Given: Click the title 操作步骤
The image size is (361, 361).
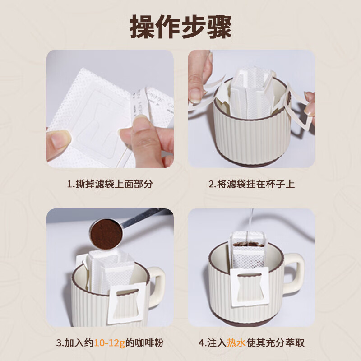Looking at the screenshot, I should point(180,26).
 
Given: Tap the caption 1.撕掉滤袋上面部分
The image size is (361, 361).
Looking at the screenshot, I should point(110,184).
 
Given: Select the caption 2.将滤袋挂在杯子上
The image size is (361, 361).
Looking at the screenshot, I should point(251,184).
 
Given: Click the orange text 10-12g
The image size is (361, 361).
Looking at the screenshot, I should point(109,342).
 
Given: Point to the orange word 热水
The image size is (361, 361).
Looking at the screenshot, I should point(233,342).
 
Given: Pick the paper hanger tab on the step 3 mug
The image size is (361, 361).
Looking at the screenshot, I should point(129,302).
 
